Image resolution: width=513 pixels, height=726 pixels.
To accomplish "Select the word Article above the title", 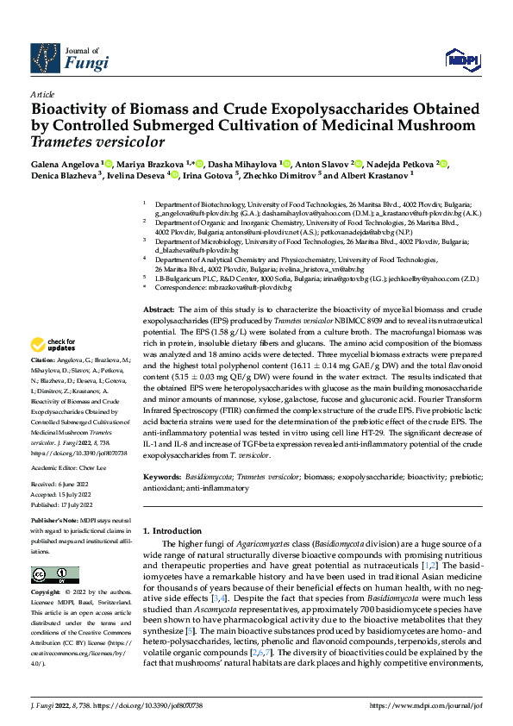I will [42, 94].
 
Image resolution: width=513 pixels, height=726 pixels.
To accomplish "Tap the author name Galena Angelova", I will [64, 163].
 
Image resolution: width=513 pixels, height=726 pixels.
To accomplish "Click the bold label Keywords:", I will [162, 476].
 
